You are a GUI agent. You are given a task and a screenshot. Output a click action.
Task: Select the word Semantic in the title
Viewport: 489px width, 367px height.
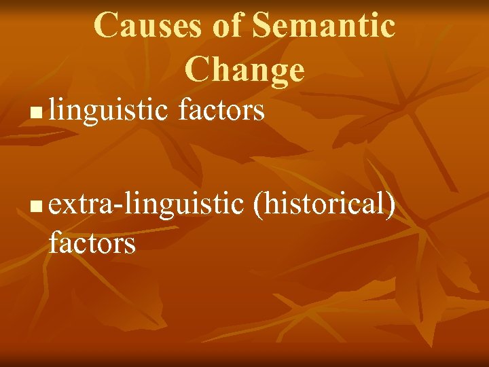coord(323,25)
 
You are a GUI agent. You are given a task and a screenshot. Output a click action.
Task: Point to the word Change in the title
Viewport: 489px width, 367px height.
coord(244,69)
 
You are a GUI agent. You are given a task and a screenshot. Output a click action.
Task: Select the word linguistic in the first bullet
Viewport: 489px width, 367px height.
coord(108,109)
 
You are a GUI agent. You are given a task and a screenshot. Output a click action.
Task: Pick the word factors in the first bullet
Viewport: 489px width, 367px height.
coord(221,109)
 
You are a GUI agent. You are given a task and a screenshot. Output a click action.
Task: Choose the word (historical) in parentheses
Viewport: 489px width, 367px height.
coord(323,203)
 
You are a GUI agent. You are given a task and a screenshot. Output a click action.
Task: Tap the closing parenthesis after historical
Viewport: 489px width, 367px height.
coord(391,204)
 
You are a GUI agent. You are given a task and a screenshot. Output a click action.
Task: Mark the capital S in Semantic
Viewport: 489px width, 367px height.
coord(262,25)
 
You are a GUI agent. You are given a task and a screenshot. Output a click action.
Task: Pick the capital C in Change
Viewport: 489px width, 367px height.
coord(196,69)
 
